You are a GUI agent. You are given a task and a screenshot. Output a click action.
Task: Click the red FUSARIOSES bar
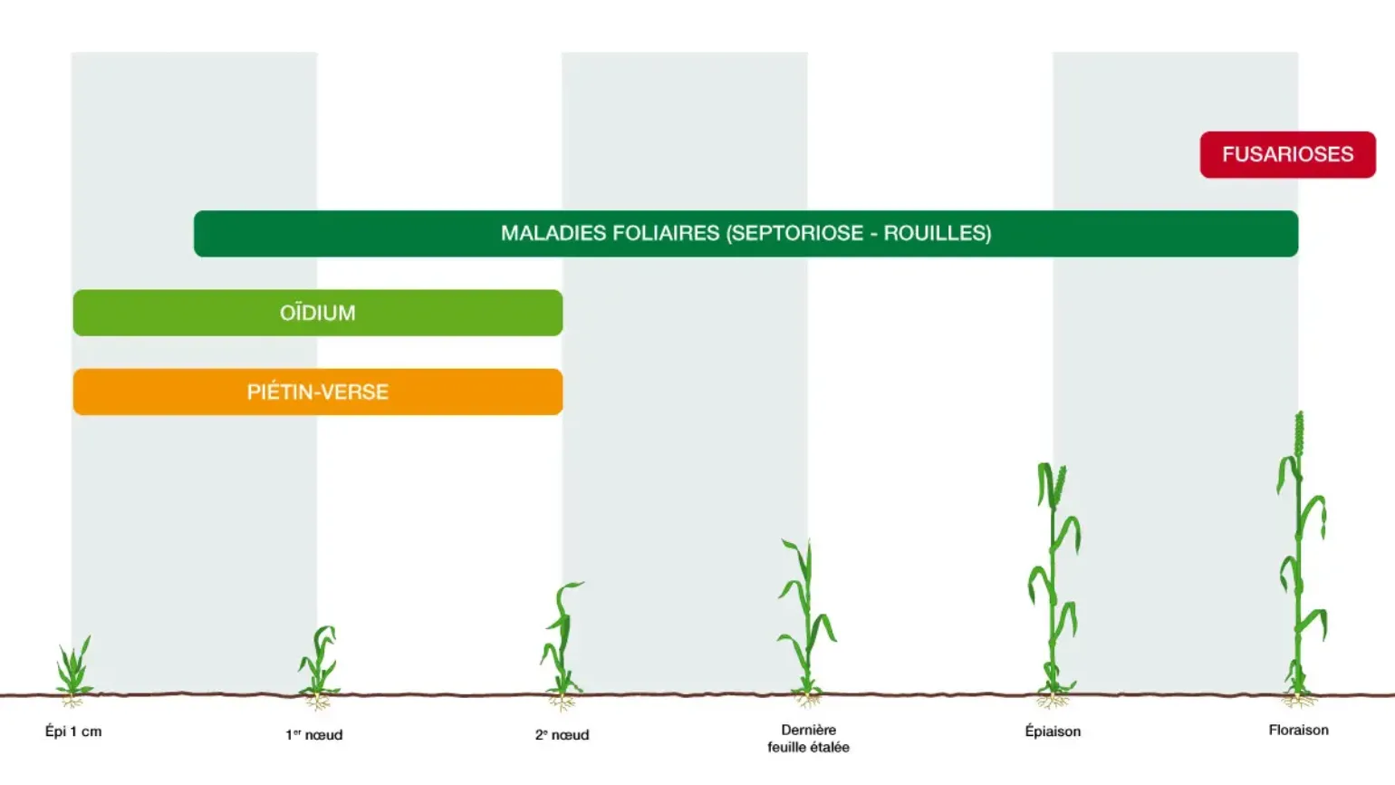1288,154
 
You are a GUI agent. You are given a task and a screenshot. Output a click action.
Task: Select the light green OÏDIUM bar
318,313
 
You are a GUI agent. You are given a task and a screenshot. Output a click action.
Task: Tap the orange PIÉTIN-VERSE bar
318,392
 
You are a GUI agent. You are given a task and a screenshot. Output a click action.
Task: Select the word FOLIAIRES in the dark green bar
666,233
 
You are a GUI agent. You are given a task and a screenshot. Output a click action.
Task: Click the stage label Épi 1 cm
73,732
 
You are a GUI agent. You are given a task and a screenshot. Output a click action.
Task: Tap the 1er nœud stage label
313,734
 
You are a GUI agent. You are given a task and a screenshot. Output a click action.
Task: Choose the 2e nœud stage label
562,734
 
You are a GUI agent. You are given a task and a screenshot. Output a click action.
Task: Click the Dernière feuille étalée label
808,738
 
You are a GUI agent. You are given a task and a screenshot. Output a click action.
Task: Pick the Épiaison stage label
1053,731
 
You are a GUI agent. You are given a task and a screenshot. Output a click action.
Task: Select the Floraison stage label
1298,730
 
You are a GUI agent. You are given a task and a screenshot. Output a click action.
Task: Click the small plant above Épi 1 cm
74,670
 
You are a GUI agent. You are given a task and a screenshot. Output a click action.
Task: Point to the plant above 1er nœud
319,666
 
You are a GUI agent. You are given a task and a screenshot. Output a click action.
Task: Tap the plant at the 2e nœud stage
563,644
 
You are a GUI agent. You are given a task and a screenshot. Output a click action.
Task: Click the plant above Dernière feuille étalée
808,623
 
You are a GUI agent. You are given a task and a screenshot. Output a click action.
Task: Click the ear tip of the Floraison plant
1300,412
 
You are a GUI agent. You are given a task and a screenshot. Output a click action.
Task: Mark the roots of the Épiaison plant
1053,701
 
